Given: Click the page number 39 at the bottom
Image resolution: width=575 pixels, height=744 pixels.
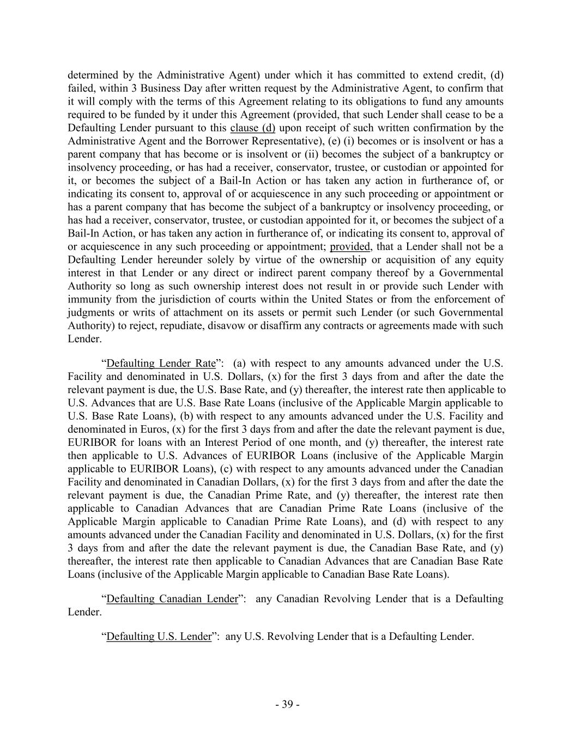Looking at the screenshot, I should point(287,704).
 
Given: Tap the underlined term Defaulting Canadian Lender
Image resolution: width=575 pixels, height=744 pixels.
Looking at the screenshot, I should point(172,599).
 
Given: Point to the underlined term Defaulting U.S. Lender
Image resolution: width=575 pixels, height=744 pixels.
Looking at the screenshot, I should point(159,637).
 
